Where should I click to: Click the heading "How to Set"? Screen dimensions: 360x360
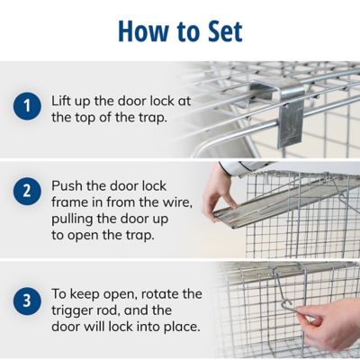click(x=180, y=31)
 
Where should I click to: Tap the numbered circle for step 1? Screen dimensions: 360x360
click(x=27, y=106)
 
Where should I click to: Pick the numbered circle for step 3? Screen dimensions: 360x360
click(x=27, y=301)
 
